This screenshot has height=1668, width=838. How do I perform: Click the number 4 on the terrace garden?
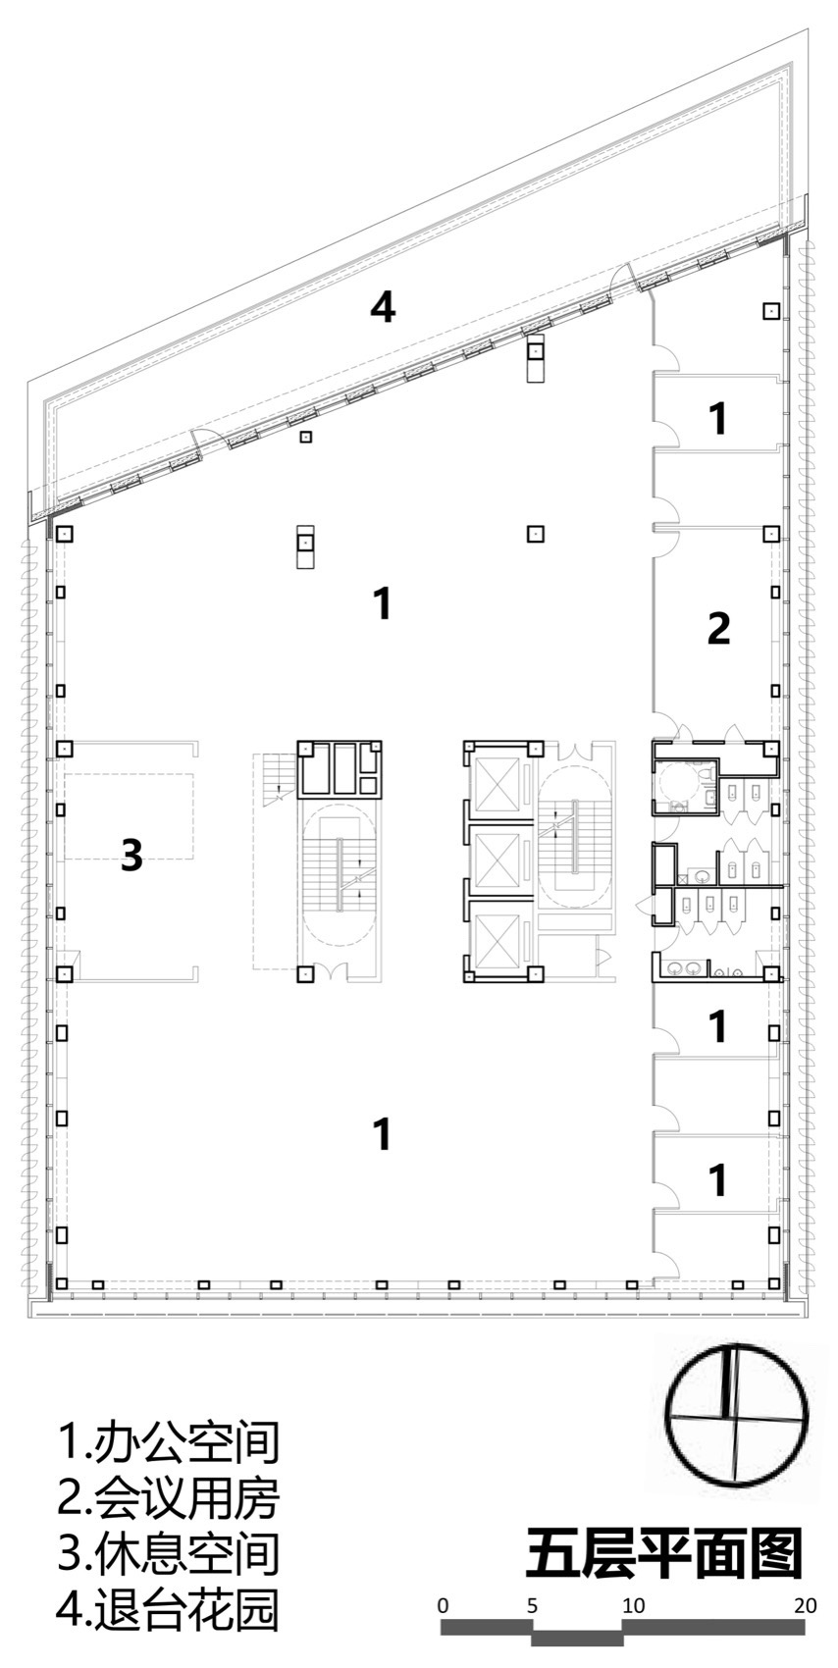(x=383, y=307)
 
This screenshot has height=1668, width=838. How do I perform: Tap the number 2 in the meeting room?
(x=718, y=629)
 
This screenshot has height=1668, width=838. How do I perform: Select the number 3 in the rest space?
(x=131, y=856)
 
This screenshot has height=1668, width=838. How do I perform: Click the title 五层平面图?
(x=664, y=1555)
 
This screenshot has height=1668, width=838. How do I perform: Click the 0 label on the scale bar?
(x=444, y=1606)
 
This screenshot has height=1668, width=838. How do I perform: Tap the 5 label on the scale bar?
(x=532, y=1606)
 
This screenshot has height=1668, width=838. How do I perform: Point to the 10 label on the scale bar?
(x=633, y=1606)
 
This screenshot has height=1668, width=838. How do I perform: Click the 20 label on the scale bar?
(x=806, y=1606)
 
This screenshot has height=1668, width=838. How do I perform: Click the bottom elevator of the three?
(x=497, y=934)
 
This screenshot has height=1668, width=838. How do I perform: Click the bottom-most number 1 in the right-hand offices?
(x=717, y=1180)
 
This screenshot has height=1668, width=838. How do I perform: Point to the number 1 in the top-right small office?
(x=717, y=419)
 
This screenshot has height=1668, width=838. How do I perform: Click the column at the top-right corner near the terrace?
(x=771, y=311)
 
